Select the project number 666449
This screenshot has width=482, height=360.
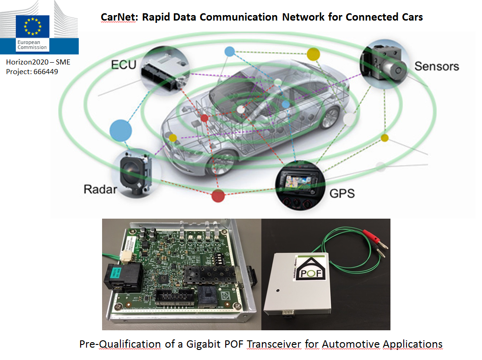(x=46, y=71)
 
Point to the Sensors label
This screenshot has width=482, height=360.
(x=436, y=66)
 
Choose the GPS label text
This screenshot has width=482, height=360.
(x=342, y=193)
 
